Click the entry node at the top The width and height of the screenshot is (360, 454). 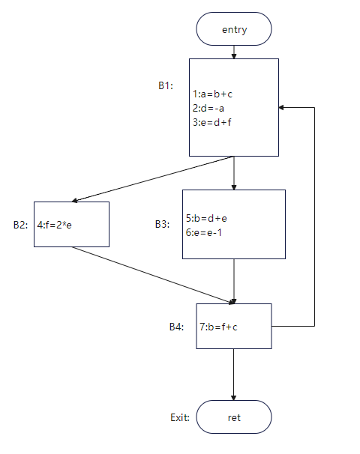[234, 29]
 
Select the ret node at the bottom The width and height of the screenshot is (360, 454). [234, 417]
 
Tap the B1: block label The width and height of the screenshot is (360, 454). [166, 85]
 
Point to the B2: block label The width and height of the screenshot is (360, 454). [20, 225]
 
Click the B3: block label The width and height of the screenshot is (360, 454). [162, 224]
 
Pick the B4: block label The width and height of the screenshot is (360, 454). [176, 327]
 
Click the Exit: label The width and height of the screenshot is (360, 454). [180, 417]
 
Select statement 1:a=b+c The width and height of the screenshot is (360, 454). [212, 94]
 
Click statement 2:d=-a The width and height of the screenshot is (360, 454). [208, 108]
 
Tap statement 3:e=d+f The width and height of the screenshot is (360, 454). [212, 122]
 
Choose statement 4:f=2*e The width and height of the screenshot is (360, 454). [54, 225]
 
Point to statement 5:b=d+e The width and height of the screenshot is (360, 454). [206, 218]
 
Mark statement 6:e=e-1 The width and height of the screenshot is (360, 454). [204, 232]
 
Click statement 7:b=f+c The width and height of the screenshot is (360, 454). [218, 327]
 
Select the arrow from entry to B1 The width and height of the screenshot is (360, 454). [234, 52]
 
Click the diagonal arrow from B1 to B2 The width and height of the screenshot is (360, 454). [152, 178]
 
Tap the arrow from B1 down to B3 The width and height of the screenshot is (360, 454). [234, 173]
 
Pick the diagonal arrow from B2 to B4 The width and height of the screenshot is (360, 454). [153, 275]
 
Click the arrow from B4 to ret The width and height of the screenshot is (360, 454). [233, 375]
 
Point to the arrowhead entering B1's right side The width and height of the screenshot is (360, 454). [280, 107]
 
